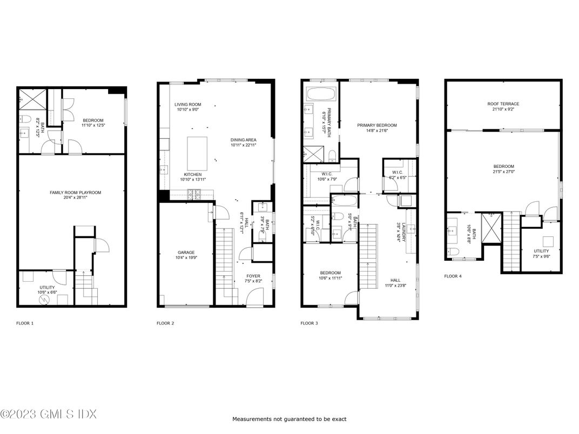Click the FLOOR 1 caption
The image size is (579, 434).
click(25, 323)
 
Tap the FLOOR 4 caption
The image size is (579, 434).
click(453, 276)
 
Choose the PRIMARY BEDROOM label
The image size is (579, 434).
click(377, 125)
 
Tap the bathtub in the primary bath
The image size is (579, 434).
click(321, 94)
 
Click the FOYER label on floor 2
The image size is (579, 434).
click(253, 276)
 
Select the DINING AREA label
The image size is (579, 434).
click(243, 140)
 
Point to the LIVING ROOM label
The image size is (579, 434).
click(187, 104)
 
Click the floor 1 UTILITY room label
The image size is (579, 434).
click(45, 287)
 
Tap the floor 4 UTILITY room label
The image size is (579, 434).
click(541, 251)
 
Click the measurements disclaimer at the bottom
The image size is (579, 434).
click(289, 419)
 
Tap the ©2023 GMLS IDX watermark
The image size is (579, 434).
click(49, 415)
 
